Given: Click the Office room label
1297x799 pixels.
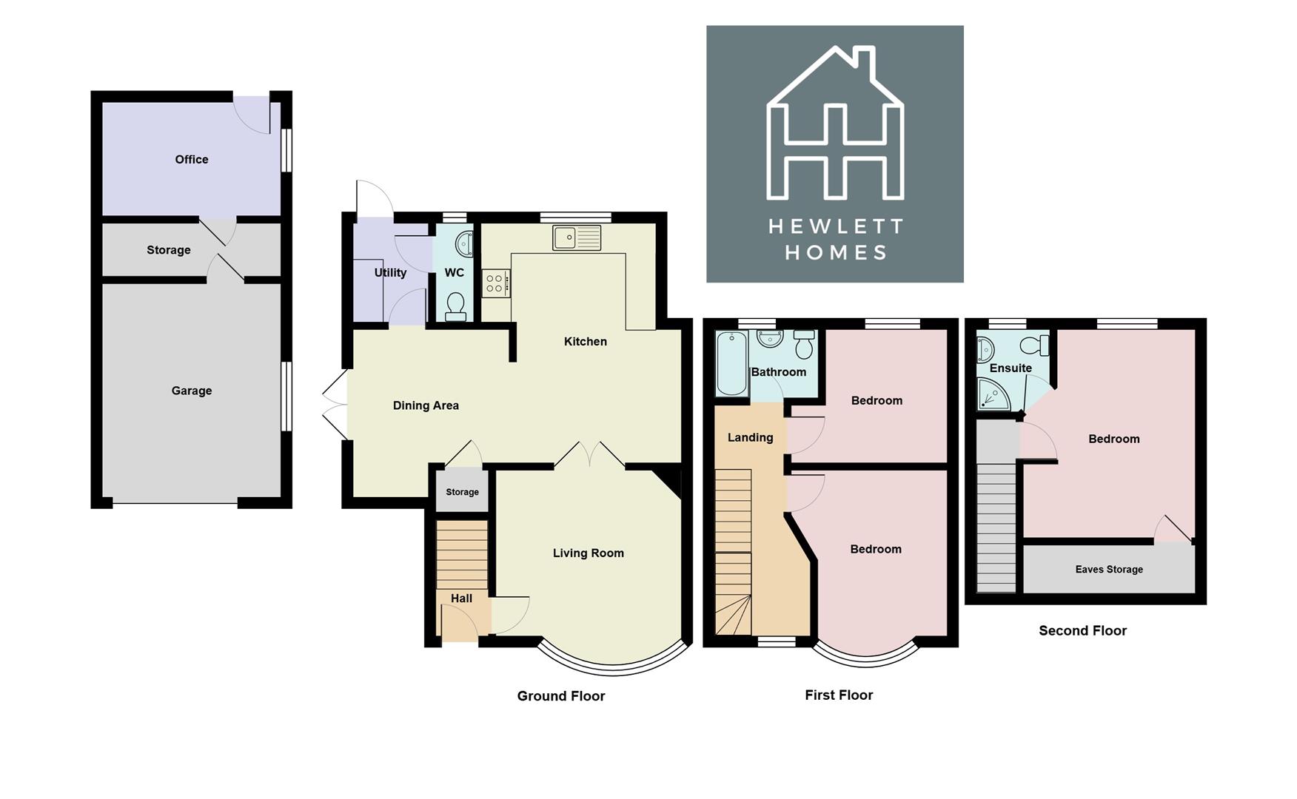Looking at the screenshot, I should point(191,159).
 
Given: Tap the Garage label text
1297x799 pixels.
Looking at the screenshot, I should point(191,391).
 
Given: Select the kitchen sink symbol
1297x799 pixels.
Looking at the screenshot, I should point(576,237).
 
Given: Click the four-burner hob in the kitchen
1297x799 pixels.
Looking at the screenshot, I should point(495,283).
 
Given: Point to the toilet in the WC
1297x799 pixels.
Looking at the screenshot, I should point(455,306).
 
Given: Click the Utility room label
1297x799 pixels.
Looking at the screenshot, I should point(390,272).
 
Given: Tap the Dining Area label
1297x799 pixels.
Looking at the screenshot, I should point(425,405).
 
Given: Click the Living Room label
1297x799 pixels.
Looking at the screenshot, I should point(588,553).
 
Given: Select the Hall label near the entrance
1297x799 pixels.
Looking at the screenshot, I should point(461,598).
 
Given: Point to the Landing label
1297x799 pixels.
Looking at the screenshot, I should point(750,437).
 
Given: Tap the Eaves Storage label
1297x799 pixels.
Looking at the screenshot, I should point(1108,569).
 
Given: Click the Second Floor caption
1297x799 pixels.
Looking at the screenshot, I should point(1082,630).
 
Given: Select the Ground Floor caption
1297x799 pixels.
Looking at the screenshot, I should point(560,695).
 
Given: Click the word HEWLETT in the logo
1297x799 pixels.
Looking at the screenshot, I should point(835,226).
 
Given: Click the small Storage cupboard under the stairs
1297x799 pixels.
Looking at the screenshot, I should point(462,492).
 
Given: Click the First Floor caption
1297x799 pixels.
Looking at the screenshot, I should point(838,695).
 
